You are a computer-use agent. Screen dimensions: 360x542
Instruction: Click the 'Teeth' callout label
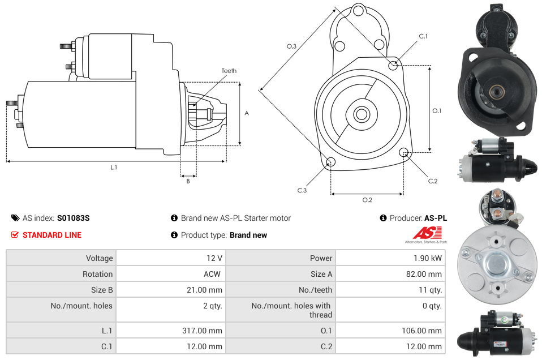pos(229,71)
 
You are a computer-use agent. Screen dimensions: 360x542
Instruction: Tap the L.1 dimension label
pos(114,167)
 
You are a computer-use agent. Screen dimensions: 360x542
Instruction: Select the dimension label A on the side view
pos(246,113)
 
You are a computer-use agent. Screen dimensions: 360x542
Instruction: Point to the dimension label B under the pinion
pos(188,181)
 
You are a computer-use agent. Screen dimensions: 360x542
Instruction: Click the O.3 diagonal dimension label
pos(291,46)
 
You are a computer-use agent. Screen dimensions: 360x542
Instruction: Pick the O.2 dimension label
pos(367,200)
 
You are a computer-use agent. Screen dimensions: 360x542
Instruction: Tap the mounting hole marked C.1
pos(393,65)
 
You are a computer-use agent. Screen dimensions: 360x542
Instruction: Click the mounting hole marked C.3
pos(331,163)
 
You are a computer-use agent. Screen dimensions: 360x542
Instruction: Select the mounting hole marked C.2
pos(403,152)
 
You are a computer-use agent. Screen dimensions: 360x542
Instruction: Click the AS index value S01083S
pos(73,218)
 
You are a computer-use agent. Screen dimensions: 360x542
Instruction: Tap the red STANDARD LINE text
pos(52,235)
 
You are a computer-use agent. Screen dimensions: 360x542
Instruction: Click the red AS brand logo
pos(426,233)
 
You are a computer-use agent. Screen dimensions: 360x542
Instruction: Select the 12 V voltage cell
pos(214,258)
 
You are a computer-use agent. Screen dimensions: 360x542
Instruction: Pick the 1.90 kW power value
pos(429,258)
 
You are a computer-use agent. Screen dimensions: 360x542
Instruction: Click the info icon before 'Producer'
pos(383,218)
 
